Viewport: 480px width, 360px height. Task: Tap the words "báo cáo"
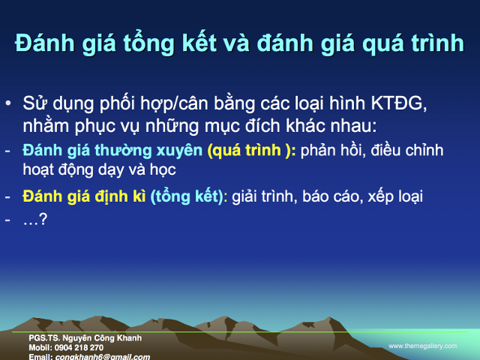click(323, 197)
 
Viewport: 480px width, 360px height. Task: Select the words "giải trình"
click(262, 197)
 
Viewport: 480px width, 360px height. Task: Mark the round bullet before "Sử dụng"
click(8, 103)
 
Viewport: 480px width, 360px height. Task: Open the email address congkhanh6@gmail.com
click(102, 356)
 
